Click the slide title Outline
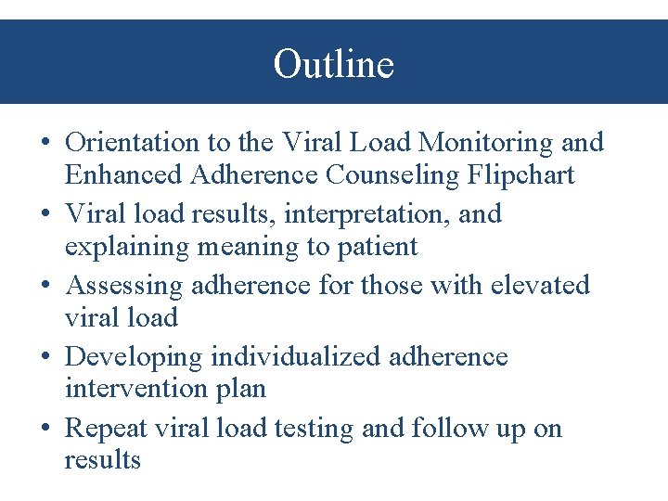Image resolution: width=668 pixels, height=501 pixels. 333,64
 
